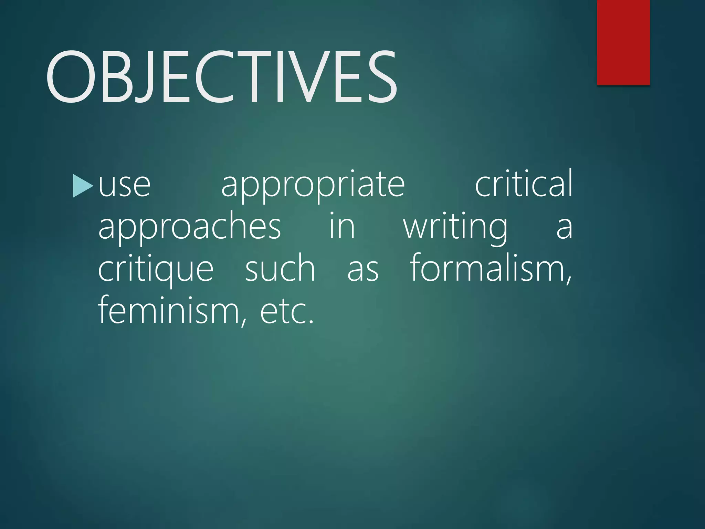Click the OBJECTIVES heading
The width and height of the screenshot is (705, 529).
pos(222,76)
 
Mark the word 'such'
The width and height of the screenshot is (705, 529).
pos(280,269)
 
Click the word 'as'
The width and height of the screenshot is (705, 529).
pos(363,270)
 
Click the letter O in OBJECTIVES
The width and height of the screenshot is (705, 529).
pos(70,76)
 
